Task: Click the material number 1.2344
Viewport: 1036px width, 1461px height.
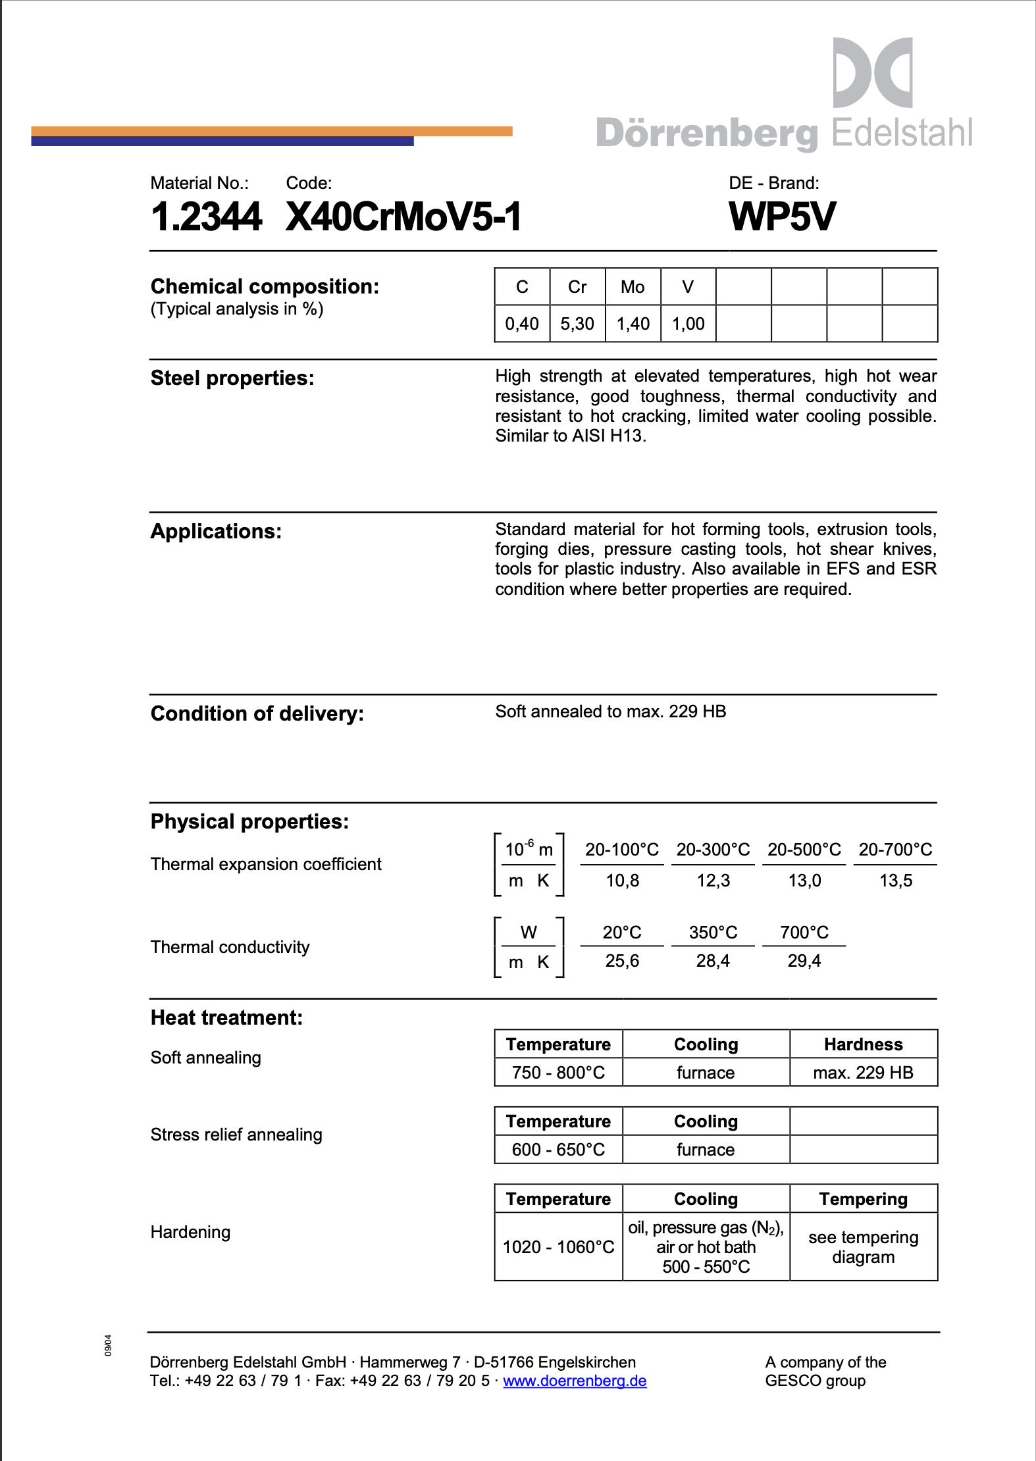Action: [x=206, y=217]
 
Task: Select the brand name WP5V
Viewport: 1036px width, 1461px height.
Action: [x=782, y=217]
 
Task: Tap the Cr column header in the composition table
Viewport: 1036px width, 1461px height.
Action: [x=577, y=287]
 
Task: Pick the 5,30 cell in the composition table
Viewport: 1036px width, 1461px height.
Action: [x=577, y=324]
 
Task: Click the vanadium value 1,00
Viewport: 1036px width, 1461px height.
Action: [x=688, y=324]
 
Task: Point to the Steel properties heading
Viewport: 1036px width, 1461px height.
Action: [x=232, y=378]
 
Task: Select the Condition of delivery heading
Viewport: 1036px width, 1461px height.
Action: [x=257, y=714]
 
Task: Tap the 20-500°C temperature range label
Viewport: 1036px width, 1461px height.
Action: [x=804, y=850]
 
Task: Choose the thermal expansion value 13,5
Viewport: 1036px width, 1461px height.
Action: [x=896, y=881]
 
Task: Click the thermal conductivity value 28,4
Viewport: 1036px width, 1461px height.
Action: [x=713, y=961]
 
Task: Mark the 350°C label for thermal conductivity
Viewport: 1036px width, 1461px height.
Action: [x=713, y=933]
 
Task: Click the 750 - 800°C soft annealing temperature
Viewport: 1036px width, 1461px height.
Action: [x=558, y=1073]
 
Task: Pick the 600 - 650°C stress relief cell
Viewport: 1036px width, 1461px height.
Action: [x=558, y=1150]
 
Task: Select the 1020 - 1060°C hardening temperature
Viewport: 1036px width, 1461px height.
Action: [x=558, y=1247]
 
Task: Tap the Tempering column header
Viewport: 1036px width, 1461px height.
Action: [x=863, y=1199]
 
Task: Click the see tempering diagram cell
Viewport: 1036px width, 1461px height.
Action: [x=863, y=1247]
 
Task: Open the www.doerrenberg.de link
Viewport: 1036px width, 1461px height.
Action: [x=575, y=1381]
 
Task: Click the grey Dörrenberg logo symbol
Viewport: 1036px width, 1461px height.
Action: [x=872, y=72]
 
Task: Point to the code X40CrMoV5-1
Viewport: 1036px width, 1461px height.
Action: [x=403, y=217]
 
